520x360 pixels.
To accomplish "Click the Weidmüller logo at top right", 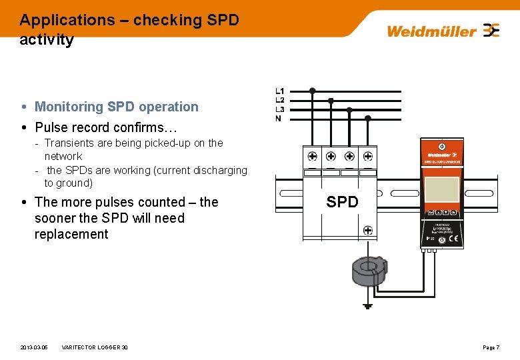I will point(443,31).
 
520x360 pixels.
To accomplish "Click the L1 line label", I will point(280,91).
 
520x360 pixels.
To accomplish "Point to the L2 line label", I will point(280,100).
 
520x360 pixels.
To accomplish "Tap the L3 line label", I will point(280,109).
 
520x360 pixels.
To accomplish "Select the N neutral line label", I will point(279,119).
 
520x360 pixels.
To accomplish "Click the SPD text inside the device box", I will point(342,202).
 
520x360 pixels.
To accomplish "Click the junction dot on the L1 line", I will point(312,91).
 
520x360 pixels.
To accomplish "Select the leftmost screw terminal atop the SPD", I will point(312,157).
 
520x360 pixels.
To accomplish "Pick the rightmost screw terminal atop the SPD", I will point(367,157).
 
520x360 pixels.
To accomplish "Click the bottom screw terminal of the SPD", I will point(367,231).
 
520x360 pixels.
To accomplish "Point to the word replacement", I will point(71,234).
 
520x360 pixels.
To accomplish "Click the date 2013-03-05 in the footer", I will point(34,347).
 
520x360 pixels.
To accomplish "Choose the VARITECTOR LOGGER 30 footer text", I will point(95,347).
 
